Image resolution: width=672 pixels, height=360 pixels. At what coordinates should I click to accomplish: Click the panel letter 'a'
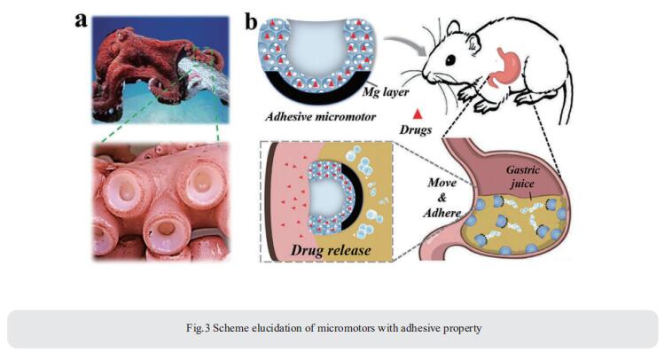tap(81, 20)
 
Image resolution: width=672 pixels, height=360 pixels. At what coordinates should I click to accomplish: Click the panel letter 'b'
tap(251, 21)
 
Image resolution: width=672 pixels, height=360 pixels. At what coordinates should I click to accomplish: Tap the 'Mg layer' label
tap(386, 91)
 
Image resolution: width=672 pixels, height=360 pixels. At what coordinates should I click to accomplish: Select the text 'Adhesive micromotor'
tap(320, 116)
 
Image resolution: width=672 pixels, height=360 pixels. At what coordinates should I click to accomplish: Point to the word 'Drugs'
tap(415, 129)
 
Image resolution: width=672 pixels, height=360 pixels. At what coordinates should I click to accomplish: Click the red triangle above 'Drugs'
tap(417, 113)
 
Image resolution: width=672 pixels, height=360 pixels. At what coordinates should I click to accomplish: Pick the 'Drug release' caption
tap(331, 249)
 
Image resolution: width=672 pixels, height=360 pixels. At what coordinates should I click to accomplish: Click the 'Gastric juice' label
tap(522, 176)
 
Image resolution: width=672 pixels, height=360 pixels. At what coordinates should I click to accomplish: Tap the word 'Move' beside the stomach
tap(441, 183)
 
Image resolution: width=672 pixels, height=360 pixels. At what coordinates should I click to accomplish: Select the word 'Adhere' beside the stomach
tap(441, 213)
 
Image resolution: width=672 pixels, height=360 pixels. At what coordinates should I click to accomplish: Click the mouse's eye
tap(450, 60)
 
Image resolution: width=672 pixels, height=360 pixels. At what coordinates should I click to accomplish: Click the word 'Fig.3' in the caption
tap(198, 328)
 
